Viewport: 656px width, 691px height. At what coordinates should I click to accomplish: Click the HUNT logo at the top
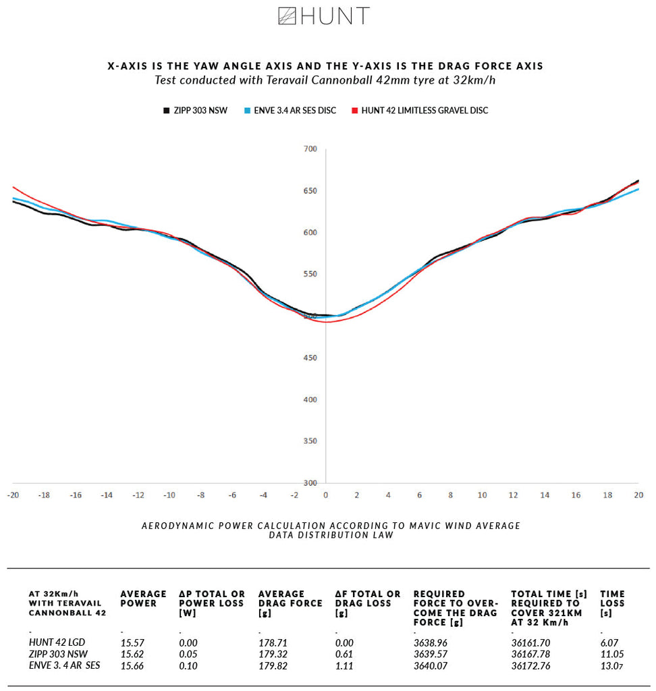coord(324,16)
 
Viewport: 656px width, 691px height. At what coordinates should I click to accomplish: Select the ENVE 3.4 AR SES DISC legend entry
coord(295,110)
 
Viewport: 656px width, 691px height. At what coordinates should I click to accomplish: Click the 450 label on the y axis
coord(310,358)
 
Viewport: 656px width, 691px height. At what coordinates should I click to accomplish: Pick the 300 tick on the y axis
coord(310,483)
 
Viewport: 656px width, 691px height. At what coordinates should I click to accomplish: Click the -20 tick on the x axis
coord(12,495)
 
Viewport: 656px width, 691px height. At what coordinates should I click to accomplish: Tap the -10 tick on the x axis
coord(169,495)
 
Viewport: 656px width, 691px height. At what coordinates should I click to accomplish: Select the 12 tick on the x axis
coord(514,495)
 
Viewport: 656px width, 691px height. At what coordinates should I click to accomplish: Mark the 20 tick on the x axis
coord(638,495)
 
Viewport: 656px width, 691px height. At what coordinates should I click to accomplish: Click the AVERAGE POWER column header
coord(143,599)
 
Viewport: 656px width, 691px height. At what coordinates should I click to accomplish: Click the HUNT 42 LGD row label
coord(58,643)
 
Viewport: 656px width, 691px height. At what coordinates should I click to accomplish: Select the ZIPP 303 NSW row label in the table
coord(58,654)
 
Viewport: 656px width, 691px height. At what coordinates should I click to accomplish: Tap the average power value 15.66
coord(132,665)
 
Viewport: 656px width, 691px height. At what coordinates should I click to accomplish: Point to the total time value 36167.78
coord(531,654)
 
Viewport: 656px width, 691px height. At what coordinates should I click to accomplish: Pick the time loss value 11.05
coord(612,654)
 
